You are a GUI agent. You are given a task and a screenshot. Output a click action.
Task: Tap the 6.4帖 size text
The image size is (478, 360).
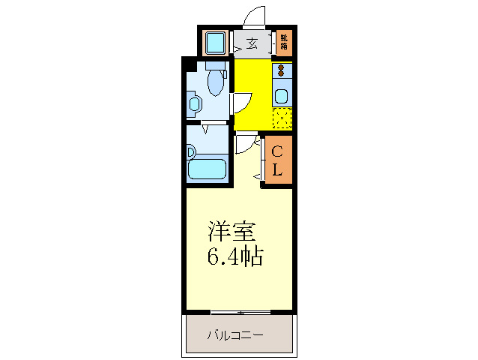(x=234, y=256)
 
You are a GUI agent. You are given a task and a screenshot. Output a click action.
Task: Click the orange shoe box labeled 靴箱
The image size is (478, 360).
(x=284, y=42)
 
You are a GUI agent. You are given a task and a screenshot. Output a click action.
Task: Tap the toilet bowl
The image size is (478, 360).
(x=216, y=82)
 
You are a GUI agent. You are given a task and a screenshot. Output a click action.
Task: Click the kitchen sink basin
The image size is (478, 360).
(x=282, y=95)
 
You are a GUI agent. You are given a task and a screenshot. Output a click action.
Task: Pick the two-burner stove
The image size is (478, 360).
(x=282, y=72)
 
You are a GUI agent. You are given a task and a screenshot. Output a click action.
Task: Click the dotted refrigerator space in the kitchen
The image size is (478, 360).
(x=282, y=118)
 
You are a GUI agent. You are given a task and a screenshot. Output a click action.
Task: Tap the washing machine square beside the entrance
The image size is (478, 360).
(x=217, y=43)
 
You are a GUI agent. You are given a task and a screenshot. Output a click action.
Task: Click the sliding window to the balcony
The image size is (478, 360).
(x=239, y=310)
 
